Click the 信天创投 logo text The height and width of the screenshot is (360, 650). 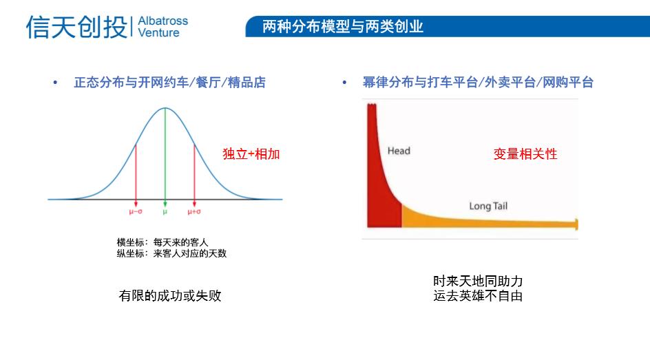(x=76, y=27)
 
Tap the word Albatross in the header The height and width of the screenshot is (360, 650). (x=162, y=21)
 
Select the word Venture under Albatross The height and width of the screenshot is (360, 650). (x=158, y=33)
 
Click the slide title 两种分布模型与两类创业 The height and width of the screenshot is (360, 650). (x=342, y=27)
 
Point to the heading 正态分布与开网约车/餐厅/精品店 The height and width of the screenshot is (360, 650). (x=169, y=83)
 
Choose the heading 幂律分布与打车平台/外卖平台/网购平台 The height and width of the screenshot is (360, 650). (x=478, y=83)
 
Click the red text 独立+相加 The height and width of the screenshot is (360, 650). (x=251, y=154)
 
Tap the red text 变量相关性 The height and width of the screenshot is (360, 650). (x=525, y=154)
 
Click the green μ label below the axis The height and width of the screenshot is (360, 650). (x=165, y=212)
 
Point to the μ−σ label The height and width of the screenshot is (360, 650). (x=136, y=212)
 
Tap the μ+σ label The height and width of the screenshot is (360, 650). (x=194, y=212)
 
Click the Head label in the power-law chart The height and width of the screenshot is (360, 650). (x=399, y=151)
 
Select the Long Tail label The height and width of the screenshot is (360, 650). (x=488, y=206)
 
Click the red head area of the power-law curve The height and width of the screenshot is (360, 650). (x=380, y=200)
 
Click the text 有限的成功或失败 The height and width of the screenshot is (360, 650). (x=170, y=296)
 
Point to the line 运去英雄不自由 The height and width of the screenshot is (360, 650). (x=478, y=297)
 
